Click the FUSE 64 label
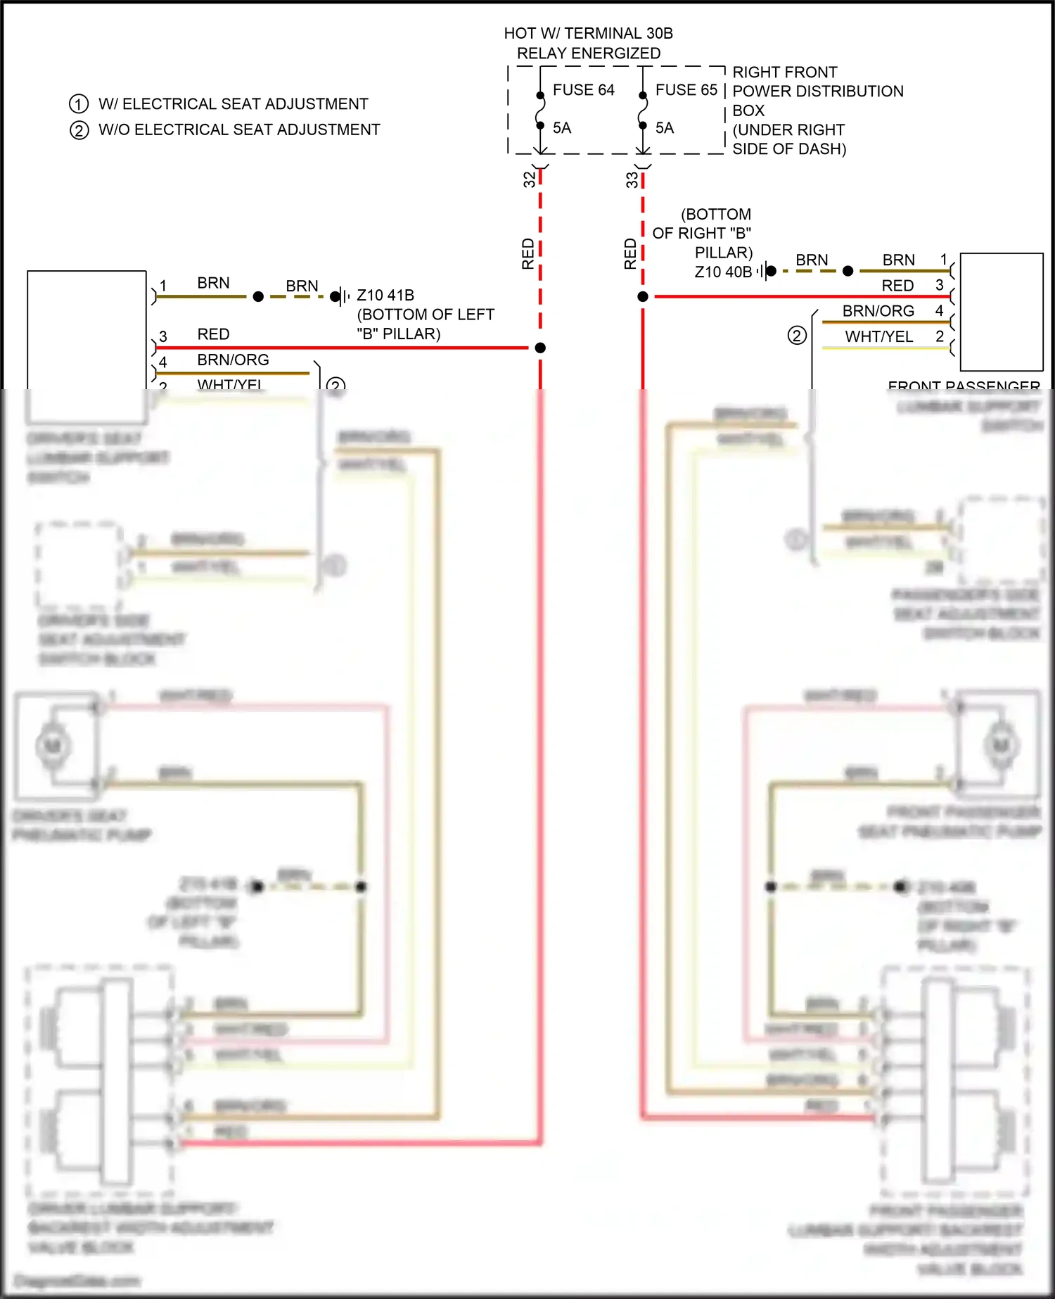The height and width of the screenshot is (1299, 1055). pyautogui.click(x=583, y=90)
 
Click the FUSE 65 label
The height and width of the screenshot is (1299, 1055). pyautogui.click(x=686, y=90)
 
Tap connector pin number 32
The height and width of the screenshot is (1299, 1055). pyautogui.click(x=529, y=179)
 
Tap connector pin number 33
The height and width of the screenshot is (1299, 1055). pyautogui.click(x=632, y=180)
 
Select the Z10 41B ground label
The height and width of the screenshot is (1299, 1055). pyautogui.click(x=385, y=296)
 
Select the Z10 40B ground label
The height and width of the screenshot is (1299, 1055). pyautogui.click(x=723, y=272)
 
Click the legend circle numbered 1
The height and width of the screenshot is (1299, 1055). pyautogui.click(x=79, y=104)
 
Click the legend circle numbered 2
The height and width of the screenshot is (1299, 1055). pyautogui.click(x=79, y=130)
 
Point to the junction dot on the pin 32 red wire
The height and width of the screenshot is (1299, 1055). pyautogui.click(x=540, y=348)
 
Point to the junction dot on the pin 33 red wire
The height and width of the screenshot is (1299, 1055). pyautogui.click(x=643, y=297)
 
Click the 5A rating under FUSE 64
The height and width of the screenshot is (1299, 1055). pyautogui.click(x=561, y=128)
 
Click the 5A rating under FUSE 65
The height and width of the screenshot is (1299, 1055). pyautogui.click(x=664, y=128)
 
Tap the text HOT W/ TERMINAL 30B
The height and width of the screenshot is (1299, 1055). pyautogui.click(x=588, y=33)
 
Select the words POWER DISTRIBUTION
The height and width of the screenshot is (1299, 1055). pyautogui.click(x=817, y=91)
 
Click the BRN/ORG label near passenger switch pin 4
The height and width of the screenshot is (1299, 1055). pyautogui.click(x=878, y=311)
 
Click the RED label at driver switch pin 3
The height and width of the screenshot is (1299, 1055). pyautogui.click(x=213, y=334)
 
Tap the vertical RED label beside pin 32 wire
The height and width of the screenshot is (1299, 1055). pyautogui.click(x=527, y=254)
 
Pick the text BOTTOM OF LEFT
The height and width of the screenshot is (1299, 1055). pyautogui.click(x=426, y=315)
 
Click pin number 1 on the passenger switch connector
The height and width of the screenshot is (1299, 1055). pyautogui.click(x=944, y=260)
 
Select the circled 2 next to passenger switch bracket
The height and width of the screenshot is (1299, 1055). pyautogui.click(x=796, y=336)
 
